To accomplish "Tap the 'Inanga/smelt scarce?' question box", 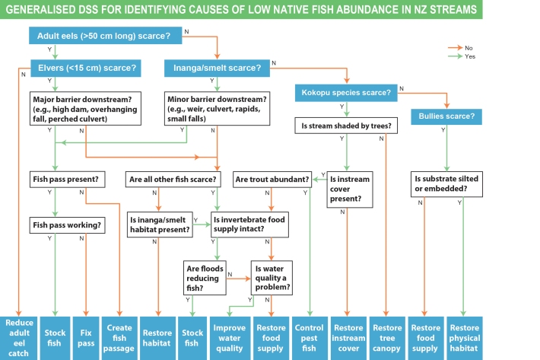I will point(216,68).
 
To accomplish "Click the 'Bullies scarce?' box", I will point(446,116).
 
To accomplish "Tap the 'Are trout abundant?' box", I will point(272,180).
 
